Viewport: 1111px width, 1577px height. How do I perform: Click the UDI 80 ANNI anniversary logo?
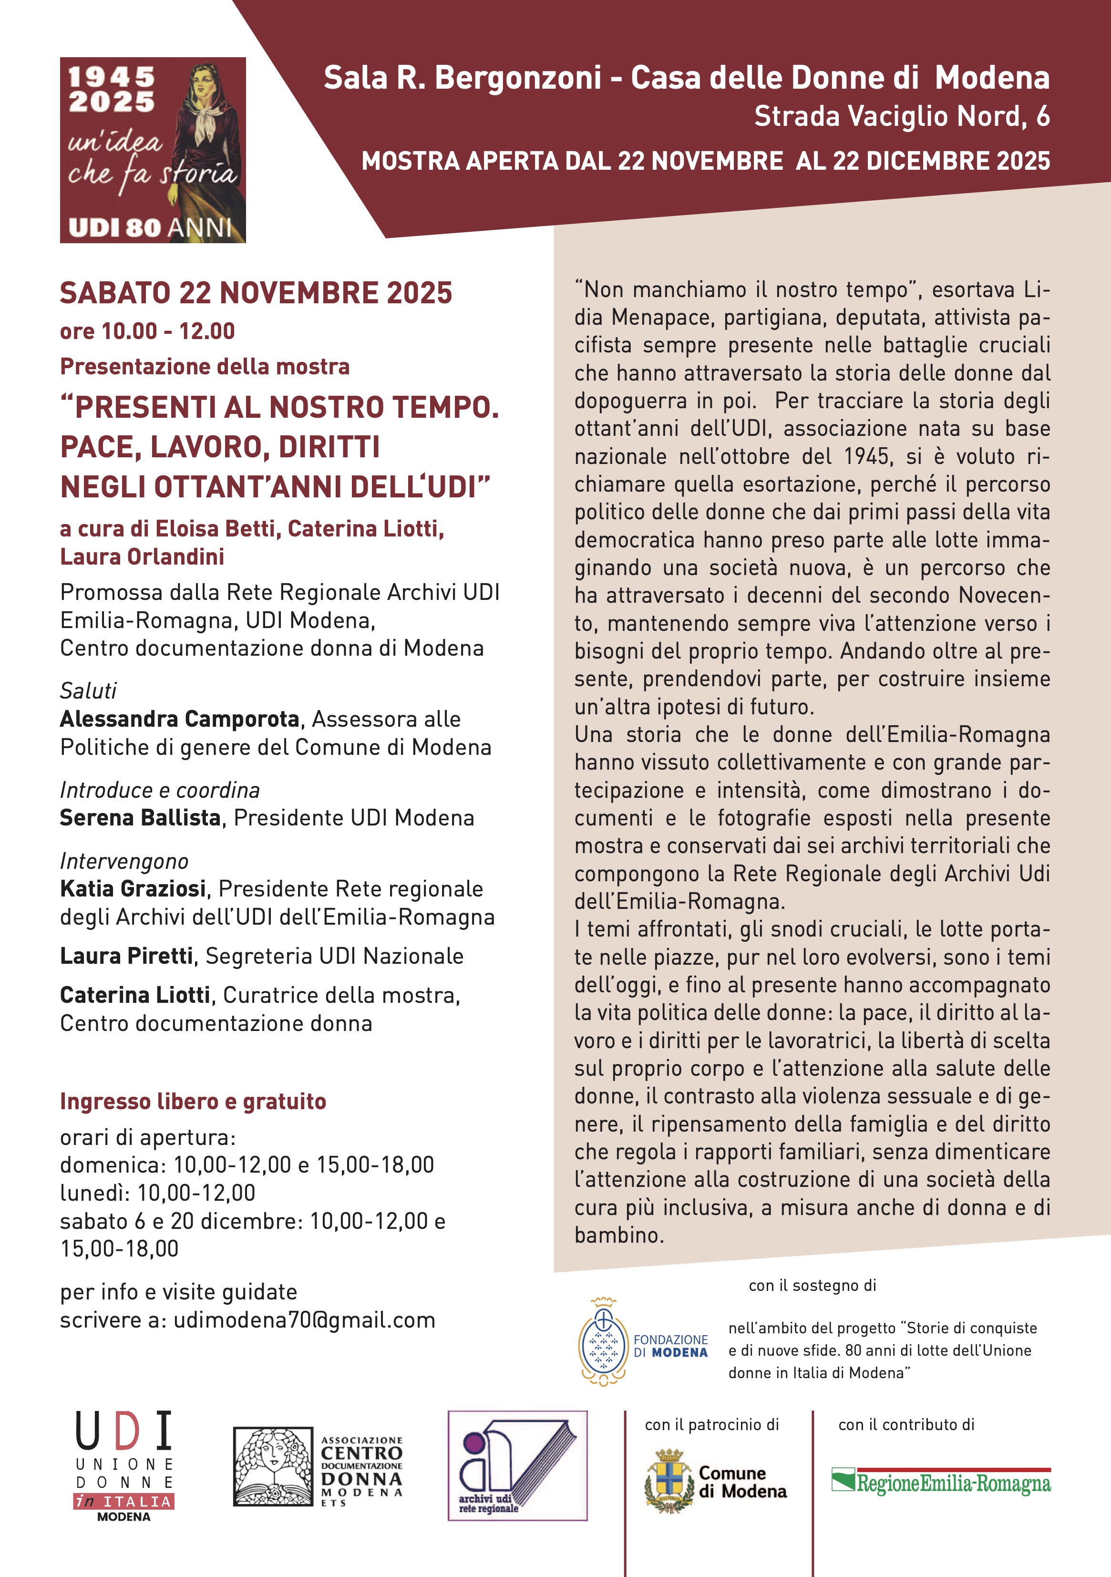[153, 150]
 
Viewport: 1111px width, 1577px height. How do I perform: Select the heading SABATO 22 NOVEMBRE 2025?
[256, 293]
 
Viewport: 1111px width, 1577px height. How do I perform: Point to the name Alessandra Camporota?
[180, 719]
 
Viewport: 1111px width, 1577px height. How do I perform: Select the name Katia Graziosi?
[133, 889]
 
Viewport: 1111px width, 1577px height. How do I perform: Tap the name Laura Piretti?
[126, 956]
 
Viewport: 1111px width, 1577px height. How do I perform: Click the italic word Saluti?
[88, 691]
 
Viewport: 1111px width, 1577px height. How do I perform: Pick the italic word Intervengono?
[123, 861]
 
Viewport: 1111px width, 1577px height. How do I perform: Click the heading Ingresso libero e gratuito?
[193, 1101]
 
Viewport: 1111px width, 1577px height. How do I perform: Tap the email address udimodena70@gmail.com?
[304, 1320]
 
